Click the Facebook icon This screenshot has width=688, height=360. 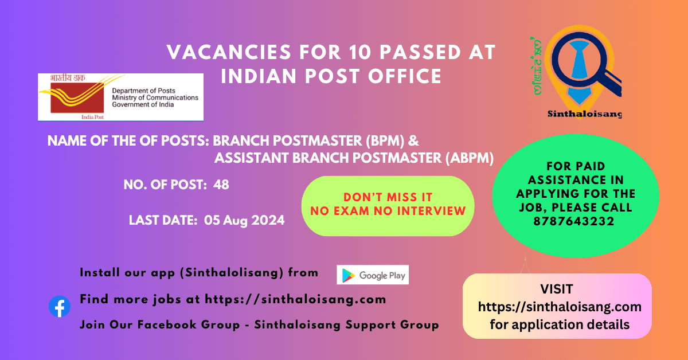click(60, 306)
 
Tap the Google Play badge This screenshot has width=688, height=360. click(373, 275)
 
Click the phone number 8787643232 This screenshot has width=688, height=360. click(574, 221)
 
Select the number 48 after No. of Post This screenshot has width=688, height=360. click(221, 185)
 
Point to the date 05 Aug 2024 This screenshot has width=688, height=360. click(244, 220)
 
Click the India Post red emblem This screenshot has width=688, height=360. click(77, 96)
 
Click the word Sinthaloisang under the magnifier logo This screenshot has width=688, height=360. click(584, 114)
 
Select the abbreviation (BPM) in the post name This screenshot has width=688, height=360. click(385, 141)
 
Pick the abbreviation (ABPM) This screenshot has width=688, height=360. click(470, 158)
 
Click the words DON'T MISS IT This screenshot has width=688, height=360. click(388, 197)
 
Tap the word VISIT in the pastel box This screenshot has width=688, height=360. click(557, 289)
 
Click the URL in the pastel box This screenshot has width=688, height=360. click(560, 307)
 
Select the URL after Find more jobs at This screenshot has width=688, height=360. click(295, 299)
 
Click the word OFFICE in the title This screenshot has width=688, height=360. click(405, 76)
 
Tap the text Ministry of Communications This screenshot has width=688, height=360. click(155, 97)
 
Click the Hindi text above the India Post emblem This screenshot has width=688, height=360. click(68, 78)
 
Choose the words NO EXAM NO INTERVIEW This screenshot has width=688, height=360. click(388, 211)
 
